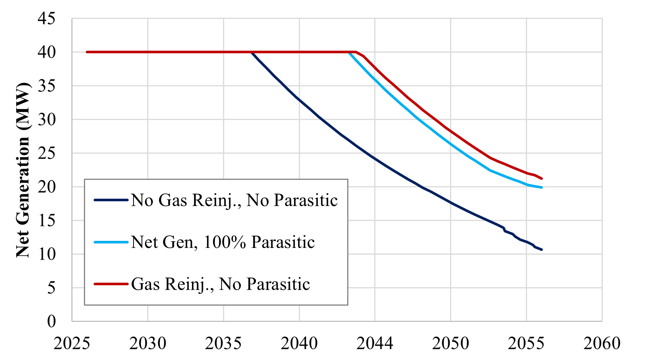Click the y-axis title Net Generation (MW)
23,170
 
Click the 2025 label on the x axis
72,343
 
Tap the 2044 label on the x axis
375,343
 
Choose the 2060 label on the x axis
602,343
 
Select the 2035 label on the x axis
223,343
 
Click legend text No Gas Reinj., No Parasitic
234,200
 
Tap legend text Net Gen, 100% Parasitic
223,242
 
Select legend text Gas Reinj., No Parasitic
220,284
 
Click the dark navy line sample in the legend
111,200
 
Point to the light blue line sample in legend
111,242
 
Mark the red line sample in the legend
111,284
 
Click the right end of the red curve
542,179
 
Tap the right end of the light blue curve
542,188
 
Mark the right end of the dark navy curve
542,250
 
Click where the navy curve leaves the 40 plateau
251,53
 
